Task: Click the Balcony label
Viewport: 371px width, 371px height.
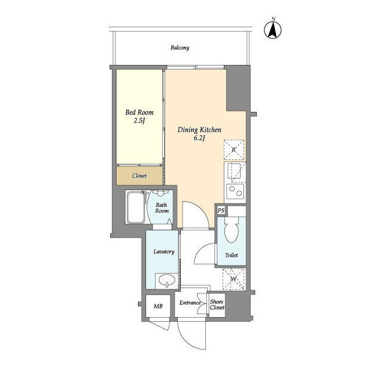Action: tap(180, 48)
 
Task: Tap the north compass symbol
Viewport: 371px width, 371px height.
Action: tap(273, 30)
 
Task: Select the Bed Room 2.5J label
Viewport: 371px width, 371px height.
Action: tap(139, 117)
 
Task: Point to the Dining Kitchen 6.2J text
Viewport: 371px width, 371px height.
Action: tap(199, 134)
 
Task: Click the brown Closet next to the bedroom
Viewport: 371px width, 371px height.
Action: tap(139, 176)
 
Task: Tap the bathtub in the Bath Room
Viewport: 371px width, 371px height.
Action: tap(136, 208)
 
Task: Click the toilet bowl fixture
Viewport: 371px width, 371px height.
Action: tap(232, 230)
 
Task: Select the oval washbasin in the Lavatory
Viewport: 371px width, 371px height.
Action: tap(166, 281)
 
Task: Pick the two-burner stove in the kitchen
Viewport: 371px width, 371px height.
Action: tap(235, 191)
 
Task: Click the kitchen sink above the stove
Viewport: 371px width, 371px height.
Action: tap(234, 171)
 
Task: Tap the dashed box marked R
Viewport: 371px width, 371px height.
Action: tap(234, 150)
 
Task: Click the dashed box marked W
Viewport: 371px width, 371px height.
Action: tap(234, 279)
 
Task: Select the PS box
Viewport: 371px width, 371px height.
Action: tap(221, 210)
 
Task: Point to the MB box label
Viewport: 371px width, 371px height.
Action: tap(158, 306)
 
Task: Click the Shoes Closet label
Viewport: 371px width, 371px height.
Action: tap(217, 305)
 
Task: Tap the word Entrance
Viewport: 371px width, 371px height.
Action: tap(190, 303)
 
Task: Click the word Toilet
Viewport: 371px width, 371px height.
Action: tap(231, 255)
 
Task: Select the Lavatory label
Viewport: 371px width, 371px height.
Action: tap(163, 252)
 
